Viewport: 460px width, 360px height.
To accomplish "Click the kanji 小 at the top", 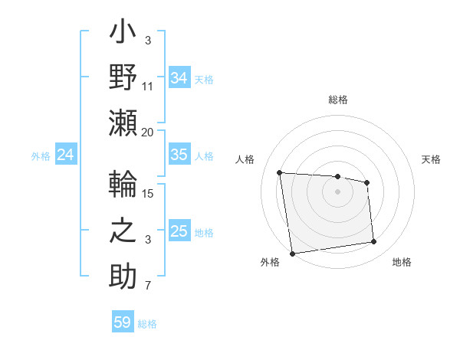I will point(123,34).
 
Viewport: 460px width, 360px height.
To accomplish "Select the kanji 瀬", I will point(123,122).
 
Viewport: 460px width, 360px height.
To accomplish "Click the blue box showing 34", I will point(179,77).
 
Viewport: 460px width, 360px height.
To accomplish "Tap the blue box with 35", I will point(179,155).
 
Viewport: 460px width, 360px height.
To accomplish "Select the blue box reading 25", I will point(179,231).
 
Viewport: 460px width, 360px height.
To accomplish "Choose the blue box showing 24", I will point(65,155).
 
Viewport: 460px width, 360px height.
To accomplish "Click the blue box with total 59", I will point(122,322).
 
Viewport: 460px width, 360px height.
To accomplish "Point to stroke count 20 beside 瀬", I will point(148,132).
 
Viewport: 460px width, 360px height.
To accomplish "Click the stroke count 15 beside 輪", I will point(148,193).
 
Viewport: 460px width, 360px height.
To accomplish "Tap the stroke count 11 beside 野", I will point(148,86).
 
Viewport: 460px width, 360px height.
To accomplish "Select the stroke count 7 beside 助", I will point(148,286).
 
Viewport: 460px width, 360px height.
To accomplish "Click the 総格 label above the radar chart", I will point(337,100).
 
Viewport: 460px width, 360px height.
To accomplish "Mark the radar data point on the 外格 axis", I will point(292,253).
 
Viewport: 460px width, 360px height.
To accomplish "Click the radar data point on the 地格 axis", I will point(373,242).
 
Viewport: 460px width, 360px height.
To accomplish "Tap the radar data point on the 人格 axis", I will point(280,172).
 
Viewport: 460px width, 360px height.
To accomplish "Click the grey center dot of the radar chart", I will point(337,191).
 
